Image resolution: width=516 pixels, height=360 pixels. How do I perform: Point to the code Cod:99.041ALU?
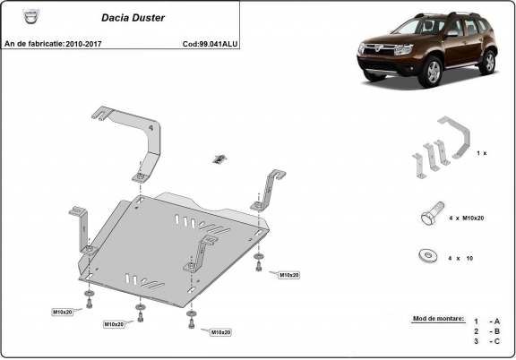coord(210,42)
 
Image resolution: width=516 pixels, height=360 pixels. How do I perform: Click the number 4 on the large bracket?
coord(150,128)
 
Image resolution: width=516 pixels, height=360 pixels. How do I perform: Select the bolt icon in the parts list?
coord(427,217)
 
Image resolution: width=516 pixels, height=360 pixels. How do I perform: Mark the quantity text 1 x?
coord(481,153)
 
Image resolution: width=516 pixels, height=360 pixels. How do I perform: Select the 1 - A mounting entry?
coord(488,321)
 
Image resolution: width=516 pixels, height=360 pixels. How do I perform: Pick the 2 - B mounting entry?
coord(488,331)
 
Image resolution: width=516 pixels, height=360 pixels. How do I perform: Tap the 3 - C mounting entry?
coord(488,342)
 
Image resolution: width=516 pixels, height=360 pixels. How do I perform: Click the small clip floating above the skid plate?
coord(218,159)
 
